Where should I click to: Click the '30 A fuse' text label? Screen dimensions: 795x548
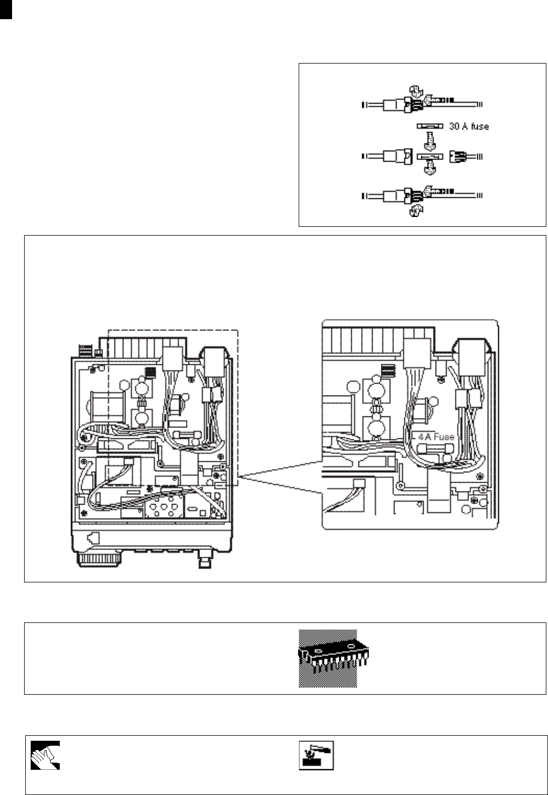tap(469, 126)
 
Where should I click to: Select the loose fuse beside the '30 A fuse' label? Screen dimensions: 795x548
tap(429, 126)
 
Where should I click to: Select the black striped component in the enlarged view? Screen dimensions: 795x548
tap(387, 371)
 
